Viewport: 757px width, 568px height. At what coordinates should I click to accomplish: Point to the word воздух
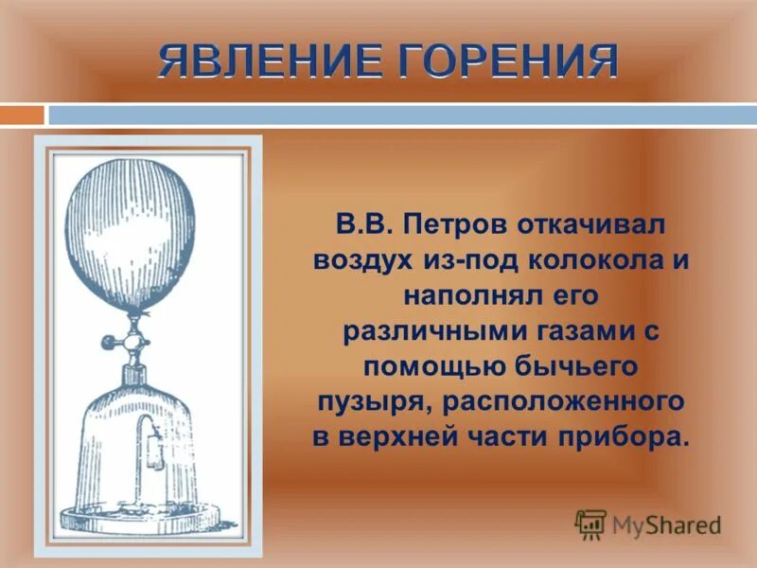[x=363, y=262]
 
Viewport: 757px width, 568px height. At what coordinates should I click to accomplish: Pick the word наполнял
[x=459, y=296]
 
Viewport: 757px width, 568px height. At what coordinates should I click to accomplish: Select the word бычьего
[x=589, y=366]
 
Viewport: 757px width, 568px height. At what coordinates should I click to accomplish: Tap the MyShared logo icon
[x=590, y=524]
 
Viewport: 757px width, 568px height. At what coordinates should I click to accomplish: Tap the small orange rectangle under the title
[x=22, y=115]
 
